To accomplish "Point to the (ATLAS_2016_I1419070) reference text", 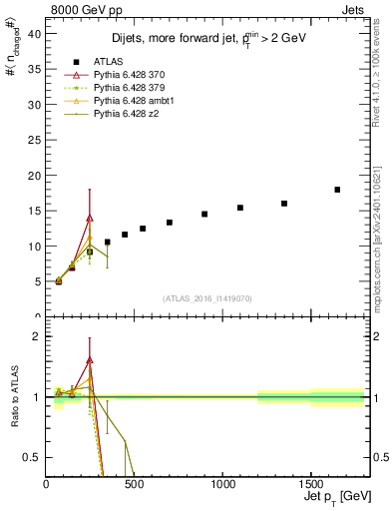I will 208,298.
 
